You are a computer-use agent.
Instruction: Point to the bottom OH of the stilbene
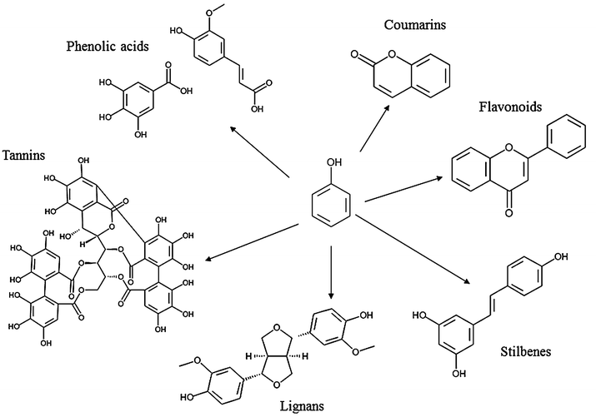tap(459, 375)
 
